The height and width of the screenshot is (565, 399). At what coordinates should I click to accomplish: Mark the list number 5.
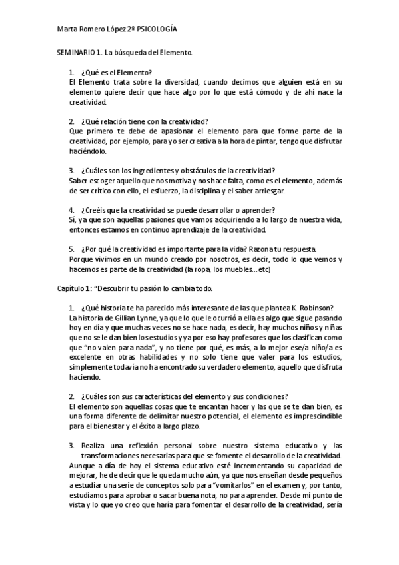click(x=71, y=249)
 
